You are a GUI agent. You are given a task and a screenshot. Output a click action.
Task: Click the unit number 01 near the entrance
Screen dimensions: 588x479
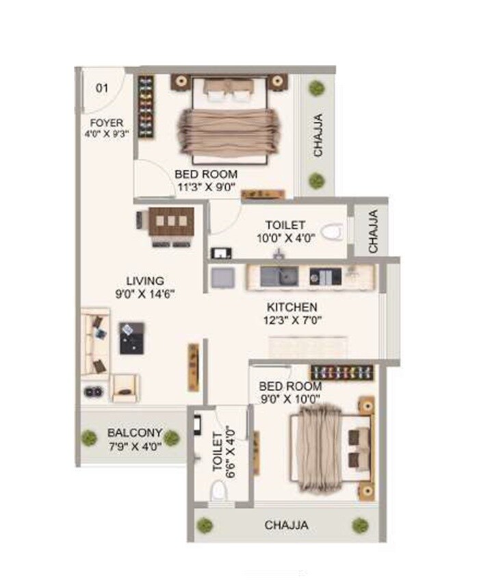[102, 88]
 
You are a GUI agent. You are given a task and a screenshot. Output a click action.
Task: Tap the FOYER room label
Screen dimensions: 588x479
[106, 123]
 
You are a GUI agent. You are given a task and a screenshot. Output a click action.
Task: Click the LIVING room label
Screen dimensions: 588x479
[145, 281]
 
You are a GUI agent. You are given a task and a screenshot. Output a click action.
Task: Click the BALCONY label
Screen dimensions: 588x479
[135, 433]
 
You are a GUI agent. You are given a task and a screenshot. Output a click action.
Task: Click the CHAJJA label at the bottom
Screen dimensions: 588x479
[286, 526]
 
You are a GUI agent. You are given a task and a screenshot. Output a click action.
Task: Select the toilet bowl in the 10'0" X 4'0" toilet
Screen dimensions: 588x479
[332, 231]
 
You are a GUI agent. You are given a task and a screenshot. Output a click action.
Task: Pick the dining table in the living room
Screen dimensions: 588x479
[171, 221]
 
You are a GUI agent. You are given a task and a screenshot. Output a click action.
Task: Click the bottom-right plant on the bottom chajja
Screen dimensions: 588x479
[359, 525]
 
